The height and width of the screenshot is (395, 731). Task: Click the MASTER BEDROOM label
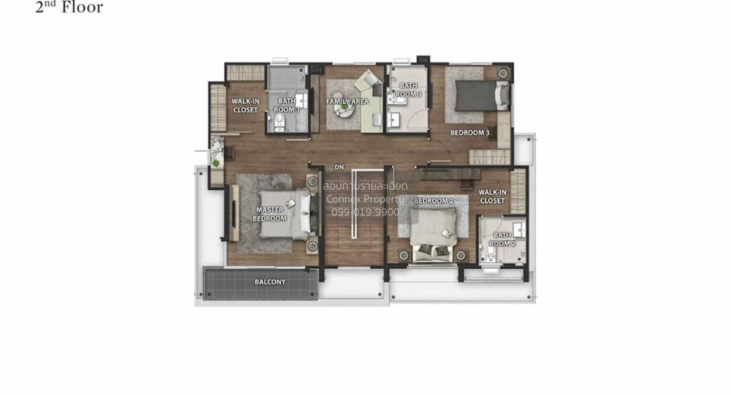(269, 214)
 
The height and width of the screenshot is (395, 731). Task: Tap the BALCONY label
(270, 282)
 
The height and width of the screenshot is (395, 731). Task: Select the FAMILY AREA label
(348, 102)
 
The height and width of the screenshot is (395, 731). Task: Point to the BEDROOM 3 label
(470, 133)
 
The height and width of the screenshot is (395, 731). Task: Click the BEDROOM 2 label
(434, 201)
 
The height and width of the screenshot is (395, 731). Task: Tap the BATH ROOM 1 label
(287, 105)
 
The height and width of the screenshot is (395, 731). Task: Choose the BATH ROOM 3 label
(408, 90)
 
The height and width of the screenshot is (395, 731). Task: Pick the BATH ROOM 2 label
(502, 239)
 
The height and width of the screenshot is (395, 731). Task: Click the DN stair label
(339, 167)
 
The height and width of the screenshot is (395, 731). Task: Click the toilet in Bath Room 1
(280, 122)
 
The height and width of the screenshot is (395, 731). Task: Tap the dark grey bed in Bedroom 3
(482, 95)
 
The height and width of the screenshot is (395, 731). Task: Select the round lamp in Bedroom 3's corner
(503, 74)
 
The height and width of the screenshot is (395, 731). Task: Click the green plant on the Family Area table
(344, 107)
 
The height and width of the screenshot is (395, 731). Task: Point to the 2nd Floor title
(69, 7)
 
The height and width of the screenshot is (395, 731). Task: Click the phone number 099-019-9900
(365, 212)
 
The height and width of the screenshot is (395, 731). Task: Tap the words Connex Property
(365, 199)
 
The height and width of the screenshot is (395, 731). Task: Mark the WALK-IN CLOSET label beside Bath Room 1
(245, 106)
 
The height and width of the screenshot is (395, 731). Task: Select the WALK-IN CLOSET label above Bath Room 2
(492, 196)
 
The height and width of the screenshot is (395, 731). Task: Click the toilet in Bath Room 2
(490, 252)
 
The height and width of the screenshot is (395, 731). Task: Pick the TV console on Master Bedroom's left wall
(234, 213)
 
